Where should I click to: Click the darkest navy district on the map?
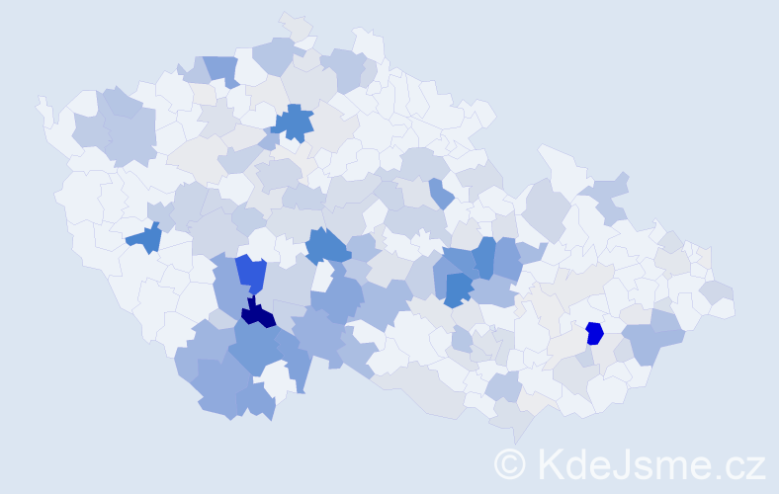(258, 314)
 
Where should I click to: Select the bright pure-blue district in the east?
(594, 333)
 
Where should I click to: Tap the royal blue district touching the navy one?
(251, 273)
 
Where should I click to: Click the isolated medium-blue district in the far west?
(145, 238)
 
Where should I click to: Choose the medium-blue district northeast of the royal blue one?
(327, 245)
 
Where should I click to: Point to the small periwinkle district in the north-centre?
(441, 193)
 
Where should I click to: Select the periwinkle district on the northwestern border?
(220, 69)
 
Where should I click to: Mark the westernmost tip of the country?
(39, 100)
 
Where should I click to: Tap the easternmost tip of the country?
(735, 309)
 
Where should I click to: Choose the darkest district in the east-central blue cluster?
(457, 288)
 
